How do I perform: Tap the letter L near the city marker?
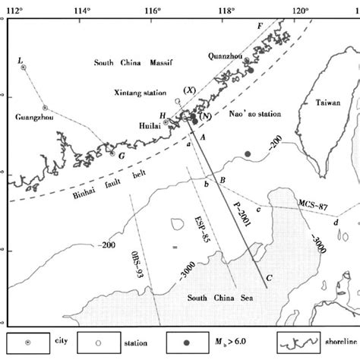(x=20, y=59)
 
